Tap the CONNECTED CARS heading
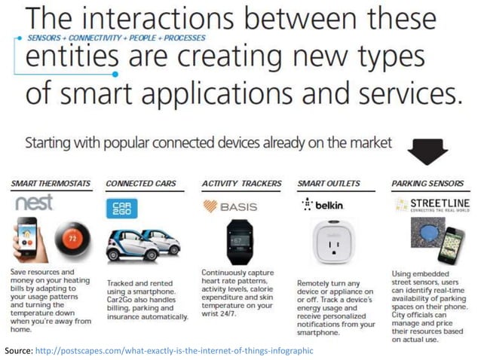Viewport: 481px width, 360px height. point(142,183)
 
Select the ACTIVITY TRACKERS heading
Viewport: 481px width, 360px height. point(242,183)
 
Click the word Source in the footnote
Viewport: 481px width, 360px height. point(18,351)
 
